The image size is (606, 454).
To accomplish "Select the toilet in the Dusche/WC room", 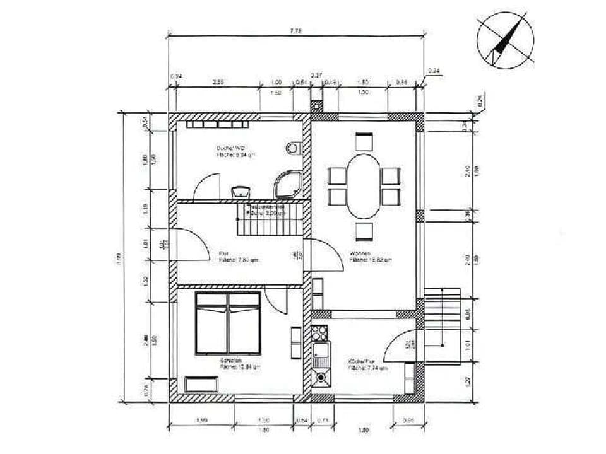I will point(293,149).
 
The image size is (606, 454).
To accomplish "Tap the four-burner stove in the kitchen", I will point(320,333).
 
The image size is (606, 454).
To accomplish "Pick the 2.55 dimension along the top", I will point(218,82).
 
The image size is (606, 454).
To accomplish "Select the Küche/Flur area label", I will point(359,362).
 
